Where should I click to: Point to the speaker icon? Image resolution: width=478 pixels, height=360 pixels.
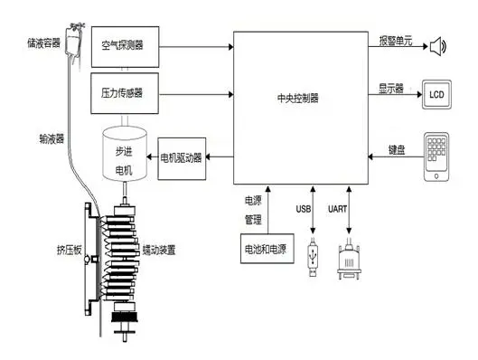(439, 45)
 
